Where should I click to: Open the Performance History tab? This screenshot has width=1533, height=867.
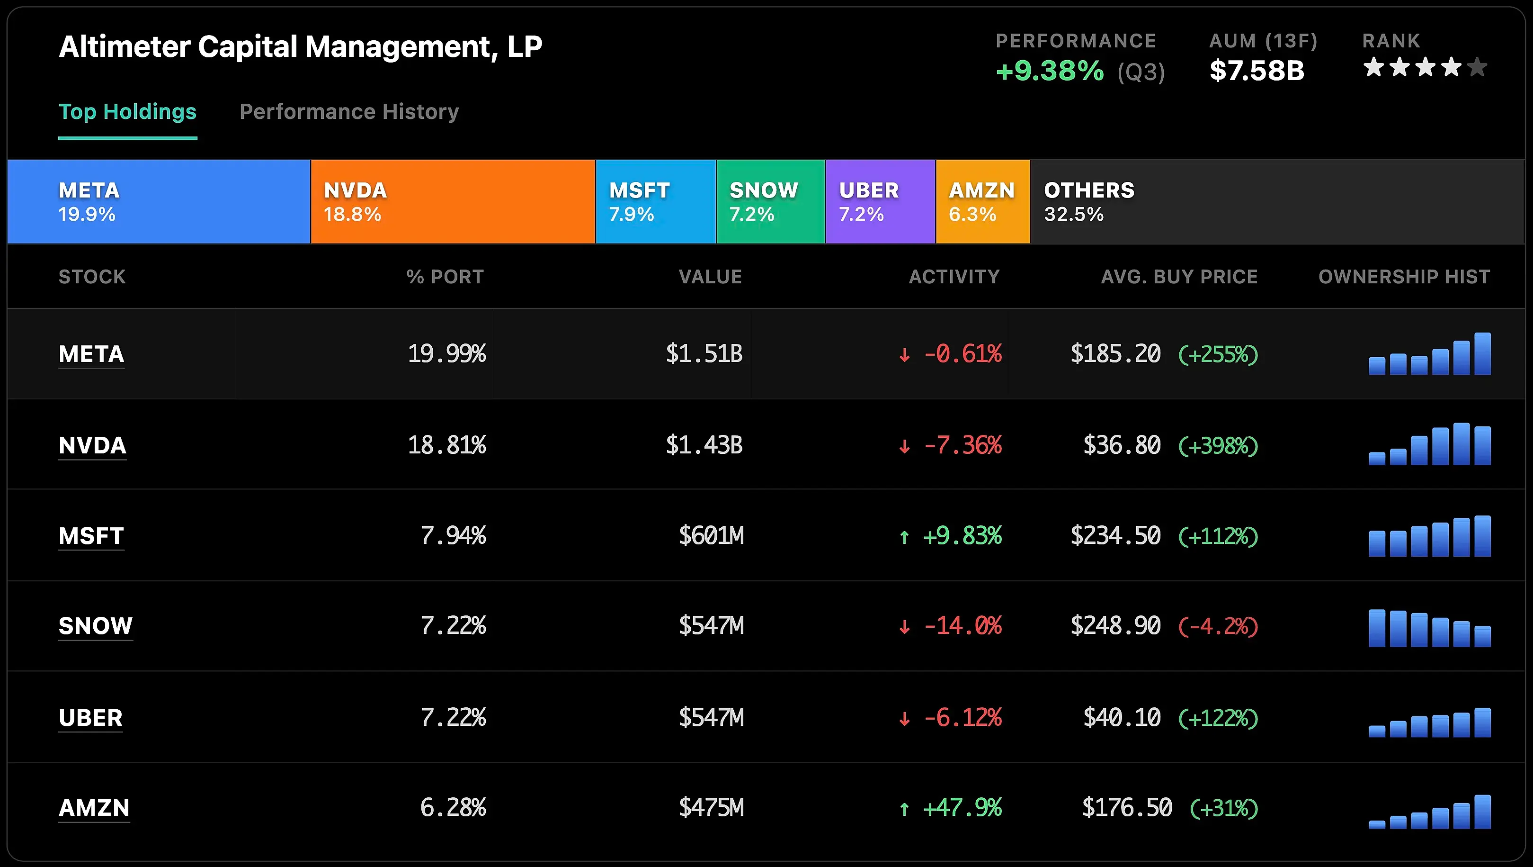click(x=349, y=111)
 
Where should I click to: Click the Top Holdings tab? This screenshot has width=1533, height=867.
click(x=127, y=111)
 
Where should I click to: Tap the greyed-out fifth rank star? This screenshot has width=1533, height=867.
click(x=1477, y=67)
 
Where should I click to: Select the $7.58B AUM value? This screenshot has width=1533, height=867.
click(x=1257, y=71)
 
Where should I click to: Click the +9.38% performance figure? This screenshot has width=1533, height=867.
click(x=1049, y=71)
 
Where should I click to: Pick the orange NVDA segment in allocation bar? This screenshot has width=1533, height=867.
click(x=452, y=201)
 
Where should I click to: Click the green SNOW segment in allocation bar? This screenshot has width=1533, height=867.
click(x=770, y=201)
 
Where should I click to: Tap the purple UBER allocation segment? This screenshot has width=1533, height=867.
click(x=880, y=201)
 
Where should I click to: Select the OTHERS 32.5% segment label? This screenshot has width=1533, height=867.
click(x=1088, y=201)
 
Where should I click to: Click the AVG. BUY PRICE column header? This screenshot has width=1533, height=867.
click(x=1179, y=276)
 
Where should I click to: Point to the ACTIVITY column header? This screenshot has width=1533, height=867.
click(x=954, y=276)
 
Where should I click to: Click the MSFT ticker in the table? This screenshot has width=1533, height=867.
click(x=91, y=535)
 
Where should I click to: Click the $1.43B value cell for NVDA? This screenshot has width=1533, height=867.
click(x=704, y=445)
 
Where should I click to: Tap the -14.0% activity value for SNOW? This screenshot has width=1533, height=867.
click(x=963, y=626)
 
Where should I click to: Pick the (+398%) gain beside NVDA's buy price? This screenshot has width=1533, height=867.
click(x=1218, y=445)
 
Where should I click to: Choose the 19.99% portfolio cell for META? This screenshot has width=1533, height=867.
click(x=446, y=354)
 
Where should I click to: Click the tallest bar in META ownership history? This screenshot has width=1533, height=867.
click(x=1482, y=354)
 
